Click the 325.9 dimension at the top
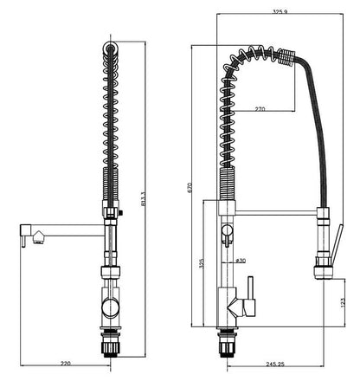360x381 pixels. pyautogui.click(x=279, y=12)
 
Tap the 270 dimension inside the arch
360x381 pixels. pyautogui.click(x=260, y=110)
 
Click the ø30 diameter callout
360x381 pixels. pyautogui.click(x=240, y=260)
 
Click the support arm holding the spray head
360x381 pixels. pyautogui.click(x=277, y=210)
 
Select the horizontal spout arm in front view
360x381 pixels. pyautogui.click(x=65, y=229)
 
